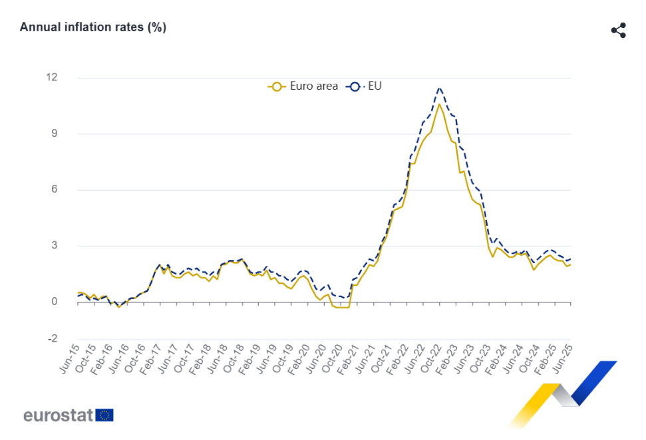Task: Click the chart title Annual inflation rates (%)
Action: (93, 27)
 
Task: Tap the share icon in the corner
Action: (619, 31)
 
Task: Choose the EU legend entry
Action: (365, 86)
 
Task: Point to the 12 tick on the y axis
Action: (52, 78)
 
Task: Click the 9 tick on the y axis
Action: (55, 134)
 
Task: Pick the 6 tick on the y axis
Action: (55, 189)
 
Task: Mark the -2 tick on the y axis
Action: (52, 339)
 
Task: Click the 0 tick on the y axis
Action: (55, 302)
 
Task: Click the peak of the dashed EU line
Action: (439, 88)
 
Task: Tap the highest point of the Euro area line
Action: (439, 104)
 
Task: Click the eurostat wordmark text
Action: (59, 415)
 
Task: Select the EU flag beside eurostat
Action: (104, 415)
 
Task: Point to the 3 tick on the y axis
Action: (55, 246)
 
